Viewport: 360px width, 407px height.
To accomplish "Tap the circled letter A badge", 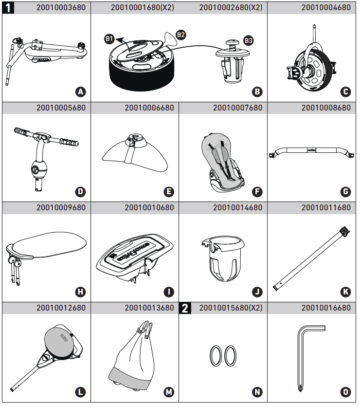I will click(81, 91).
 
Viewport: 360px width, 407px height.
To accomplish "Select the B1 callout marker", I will click(109, 39).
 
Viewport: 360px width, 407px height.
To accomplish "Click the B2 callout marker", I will click(180, 34).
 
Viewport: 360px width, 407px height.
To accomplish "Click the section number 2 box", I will click(185, 308).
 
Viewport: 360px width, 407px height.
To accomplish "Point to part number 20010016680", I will click(325, 308).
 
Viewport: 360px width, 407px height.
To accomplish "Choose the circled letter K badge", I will click(345, 292).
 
